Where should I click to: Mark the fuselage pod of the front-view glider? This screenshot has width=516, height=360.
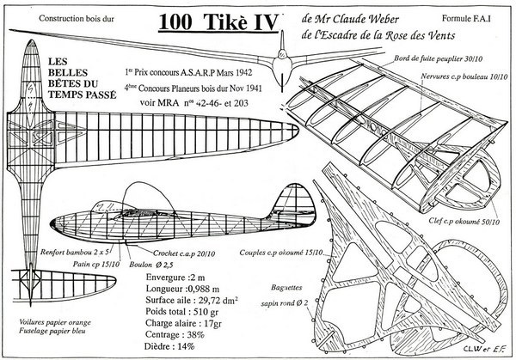(x=276, y=63)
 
